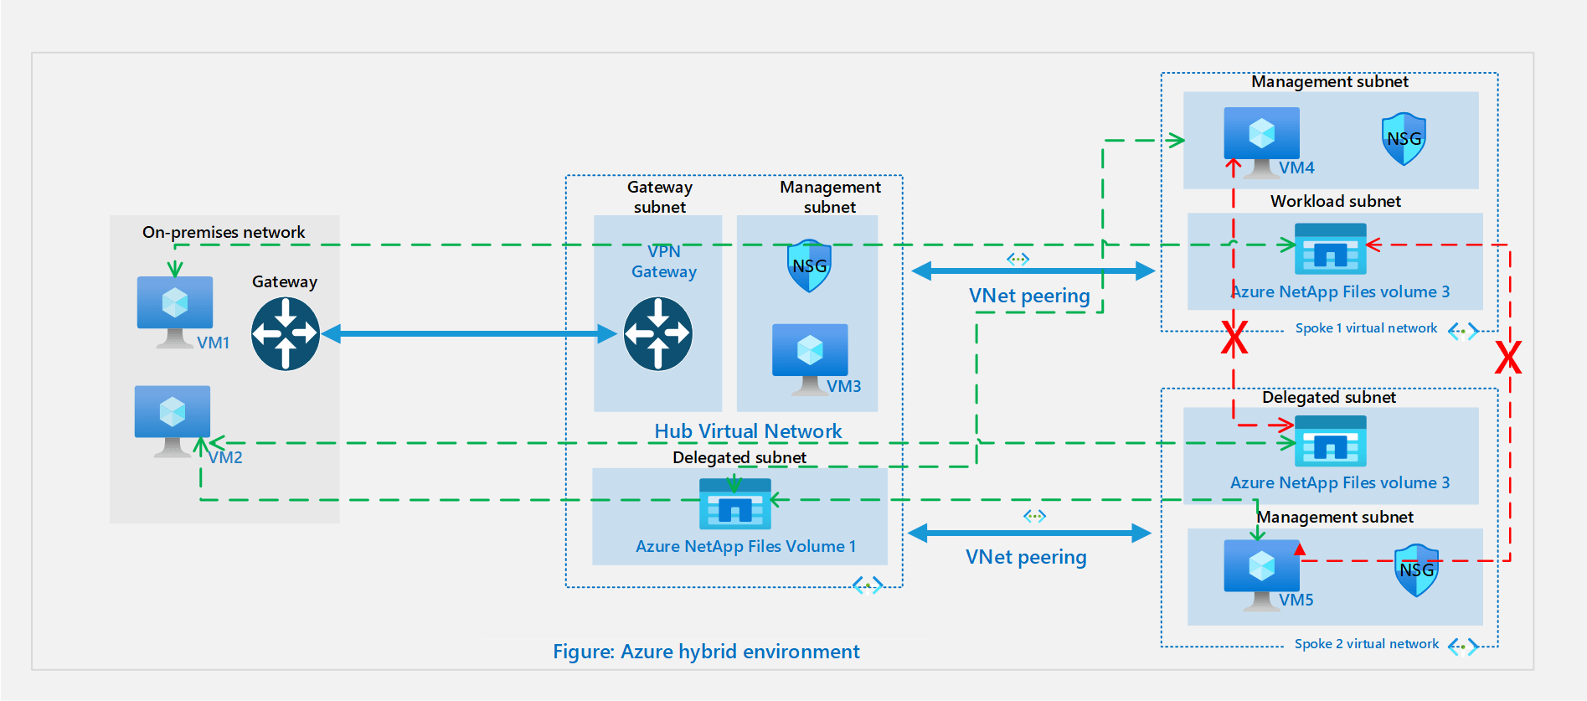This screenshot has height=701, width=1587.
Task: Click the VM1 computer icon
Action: tap(174, 310)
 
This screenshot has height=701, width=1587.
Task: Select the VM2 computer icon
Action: tap(173, 419)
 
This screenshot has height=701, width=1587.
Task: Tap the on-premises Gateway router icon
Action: tap(286, 334)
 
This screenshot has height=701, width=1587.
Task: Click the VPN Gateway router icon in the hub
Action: tap(658, 333)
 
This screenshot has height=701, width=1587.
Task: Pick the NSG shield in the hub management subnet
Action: tap(809, 265)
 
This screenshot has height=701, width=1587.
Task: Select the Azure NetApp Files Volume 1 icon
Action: tap(735, 504)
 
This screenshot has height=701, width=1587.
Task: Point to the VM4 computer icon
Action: tap(1261, 141)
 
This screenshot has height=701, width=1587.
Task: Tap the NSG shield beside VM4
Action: tap(1404, 138)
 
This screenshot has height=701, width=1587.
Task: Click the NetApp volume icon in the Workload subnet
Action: tap(1330, 249)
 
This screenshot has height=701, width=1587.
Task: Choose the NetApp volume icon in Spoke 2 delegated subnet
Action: tap(1330, 441)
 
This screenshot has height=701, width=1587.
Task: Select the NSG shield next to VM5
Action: tap(1416, 570)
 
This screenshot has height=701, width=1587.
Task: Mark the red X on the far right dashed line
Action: tap(1508, 358)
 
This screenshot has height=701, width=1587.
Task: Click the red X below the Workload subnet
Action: tap(1234, 338)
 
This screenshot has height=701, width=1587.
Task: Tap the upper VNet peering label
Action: tap(1029, 296)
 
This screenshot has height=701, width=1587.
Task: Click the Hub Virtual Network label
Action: tap(748, 430)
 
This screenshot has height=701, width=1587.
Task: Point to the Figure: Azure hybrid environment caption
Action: tap(706, 652)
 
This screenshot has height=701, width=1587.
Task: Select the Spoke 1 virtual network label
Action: tap(1366, 328)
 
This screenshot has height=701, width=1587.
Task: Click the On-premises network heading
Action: tap(224, 232)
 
